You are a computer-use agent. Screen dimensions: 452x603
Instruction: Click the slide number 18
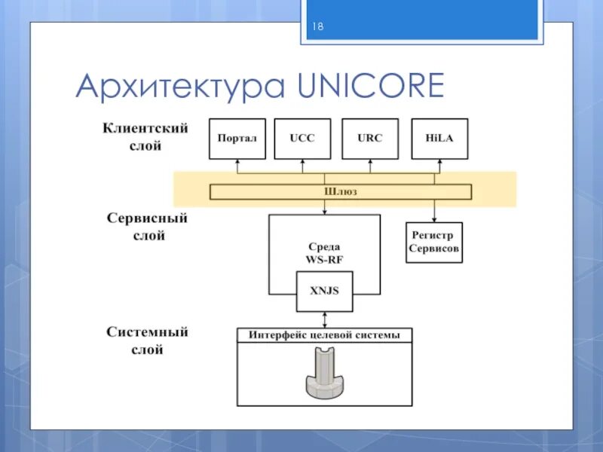317,27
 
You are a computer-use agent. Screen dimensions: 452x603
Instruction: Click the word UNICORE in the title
372,86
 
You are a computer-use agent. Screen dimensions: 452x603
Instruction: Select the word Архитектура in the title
180,87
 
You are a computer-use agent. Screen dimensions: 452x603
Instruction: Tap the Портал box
237,139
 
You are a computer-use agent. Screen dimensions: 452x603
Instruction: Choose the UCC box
301,139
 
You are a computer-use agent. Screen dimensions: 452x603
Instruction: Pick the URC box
369,139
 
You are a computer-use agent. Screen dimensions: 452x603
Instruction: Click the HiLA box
439,139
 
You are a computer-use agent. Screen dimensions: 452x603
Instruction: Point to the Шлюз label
341,191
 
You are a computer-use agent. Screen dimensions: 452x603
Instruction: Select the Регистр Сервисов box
434,242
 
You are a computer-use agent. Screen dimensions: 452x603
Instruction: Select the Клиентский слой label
145,137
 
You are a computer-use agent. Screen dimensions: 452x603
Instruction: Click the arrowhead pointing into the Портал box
237,162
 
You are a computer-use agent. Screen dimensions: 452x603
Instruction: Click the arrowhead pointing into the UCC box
301,162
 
